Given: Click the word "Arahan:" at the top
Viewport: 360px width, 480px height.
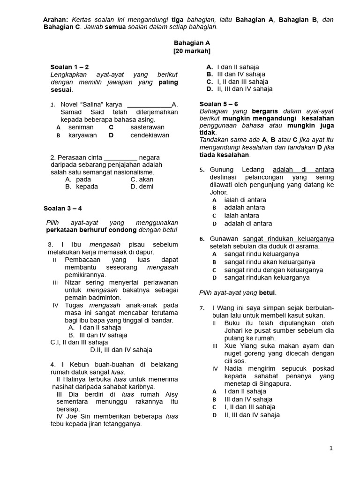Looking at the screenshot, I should (56, 20).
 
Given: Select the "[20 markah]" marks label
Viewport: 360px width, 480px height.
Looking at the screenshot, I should (192, 51).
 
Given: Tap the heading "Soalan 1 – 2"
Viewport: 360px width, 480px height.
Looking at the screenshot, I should (69, 67).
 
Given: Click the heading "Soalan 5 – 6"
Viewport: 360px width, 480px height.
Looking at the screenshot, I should (219, 104).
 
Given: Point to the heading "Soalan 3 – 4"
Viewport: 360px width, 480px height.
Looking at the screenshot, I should (63, 208).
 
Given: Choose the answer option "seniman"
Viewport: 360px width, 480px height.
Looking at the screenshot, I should (81, 127).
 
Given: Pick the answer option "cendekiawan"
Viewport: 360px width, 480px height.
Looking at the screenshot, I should (150, 135).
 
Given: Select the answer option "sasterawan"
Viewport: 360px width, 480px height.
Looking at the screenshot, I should (147, 127).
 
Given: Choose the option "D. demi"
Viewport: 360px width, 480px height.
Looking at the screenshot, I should (142, 187).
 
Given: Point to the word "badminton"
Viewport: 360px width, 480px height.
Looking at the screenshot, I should (106, 298).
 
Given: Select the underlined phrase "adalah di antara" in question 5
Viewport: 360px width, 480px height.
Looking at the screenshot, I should (303, 169).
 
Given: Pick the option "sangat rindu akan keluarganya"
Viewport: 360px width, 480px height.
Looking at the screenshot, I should (270, 262).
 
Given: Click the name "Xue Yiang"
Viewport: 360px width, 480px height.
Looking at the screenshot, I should (240, 346).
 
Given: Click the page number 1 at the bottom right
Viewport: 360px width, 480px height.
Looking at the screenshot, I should (331, 448).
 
